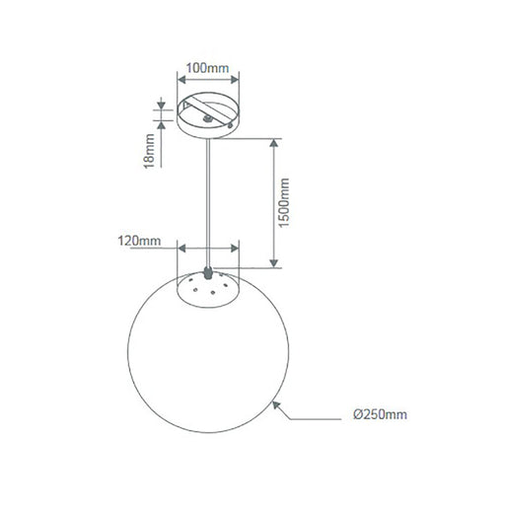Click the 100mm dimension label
pyautogui.click(x=208, y=67)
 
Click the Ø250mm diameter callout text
pyautogui.click(x=379, y=416)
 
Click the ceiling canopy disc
pyautogui.click(x=207, y=116)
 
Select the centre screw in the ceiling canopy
pyautogui.click(x=206, y=115)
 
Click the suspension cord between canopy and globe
pyautogui.click(x=207, y=197)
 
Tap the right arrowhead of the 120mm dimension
pyautogui.click(x=237, y=250)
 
